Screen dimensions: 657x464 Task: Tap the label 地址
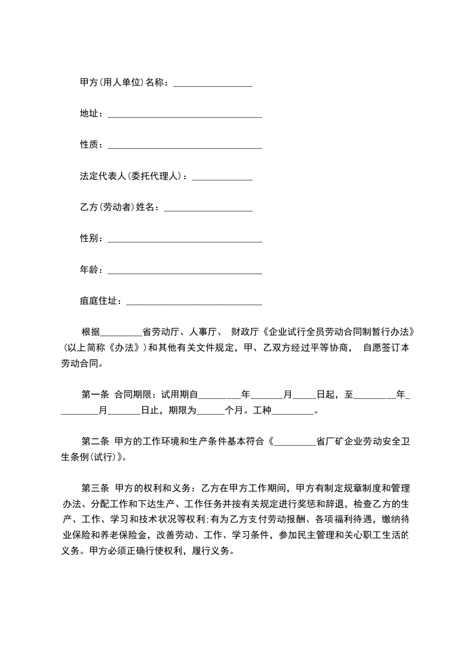point(91,114)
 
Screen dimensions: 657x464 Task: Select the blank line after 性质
point(185,145)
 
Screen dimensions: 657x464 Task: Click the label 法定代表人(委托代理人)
point(133,176)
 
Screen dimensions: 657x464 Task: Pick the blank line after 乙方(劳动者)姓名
point(208,208)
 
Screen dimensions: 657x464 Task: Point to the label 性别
point(91,239)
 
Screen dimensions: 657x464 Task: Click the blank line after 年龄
point(185,271)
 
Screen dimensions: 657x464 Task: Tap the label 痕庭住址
point(100,302)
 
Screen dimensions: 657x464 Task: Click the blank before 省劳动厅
point(121,332)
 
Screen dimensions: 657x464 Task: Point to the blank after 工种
point(293,411)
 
